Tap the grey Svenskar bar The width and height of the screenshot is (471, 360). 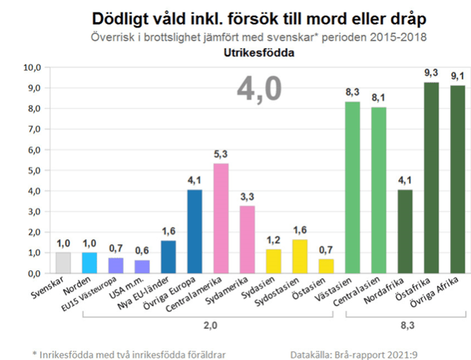point(64,263)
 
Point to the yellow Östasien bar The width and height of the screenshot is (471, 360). point(326,266)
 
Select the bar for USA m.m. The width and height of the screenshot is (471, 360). point(142,266)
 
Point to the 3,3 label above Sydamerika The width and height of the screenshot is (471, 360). point(247,197)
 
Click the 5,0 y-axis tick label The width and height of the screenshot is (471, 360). point(33,171)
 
